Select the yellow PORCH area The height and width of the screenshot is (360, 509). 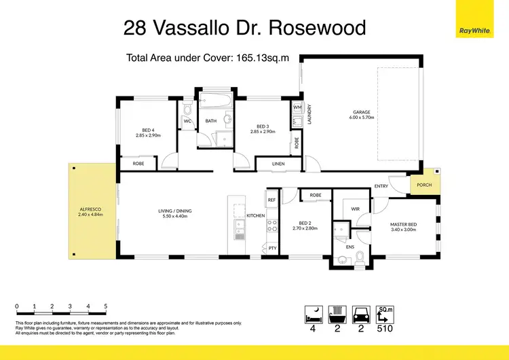pyautogui.click(x=424, y=184)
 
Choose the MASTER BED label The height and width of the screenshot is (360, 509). pyautogui.click(x=403, y=225)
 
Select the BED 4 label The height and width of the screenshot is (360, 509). pyautogui.click(x=149, y=130)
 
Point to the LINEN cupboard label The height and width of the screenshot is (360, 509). pyautogui.click(x=278, y=164)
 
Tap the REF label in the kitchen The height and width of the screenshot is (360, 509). pyautogui.click(x=271, y=200)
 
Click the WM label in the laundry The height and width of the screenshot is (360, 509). pyautogui.click(x=297, y=108)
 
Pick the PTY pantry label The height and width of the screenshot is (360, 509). pyautogui.click(x=272, y=249)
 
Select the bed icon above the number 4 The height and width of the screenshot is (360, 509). pyautogui.click(x=314, y=314)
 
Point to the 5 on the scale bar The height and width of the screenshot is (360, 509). pyautogui.click(x=105, y=306)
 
